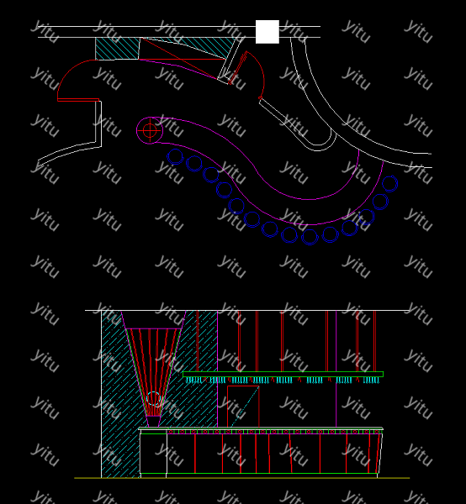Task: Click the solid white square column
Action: [x=267, y=32]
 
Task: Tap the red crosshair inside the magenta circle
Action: [x=150, y=130]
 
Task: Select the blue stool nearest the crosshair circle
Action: [x=175, y=157]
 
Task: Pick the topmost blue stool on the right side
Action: [x=389, y=184]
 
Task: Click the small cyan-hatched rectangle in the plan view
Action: [x=118, y=49]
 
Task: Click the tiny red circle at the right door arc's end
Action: [x=260, y=97]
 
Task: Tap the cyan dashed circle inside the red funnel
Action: [x=153, y=398]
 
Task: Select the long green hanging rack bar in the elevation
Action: [x=283, y=374]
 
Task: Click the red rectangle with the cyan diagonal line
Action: [x=243, y=407]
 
